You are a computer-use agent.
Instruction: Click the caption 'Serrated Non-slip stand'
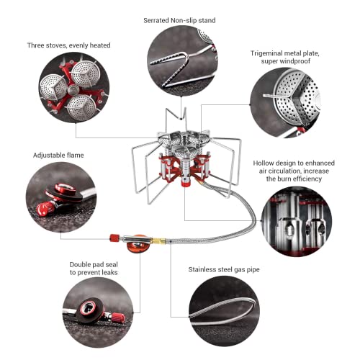click(x=180, y=21)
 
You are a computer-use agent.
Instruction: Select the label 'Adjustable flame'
click(x=57, y=155)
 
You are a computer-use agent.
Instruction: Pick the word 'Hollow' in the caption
click(x=266, y=163)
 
